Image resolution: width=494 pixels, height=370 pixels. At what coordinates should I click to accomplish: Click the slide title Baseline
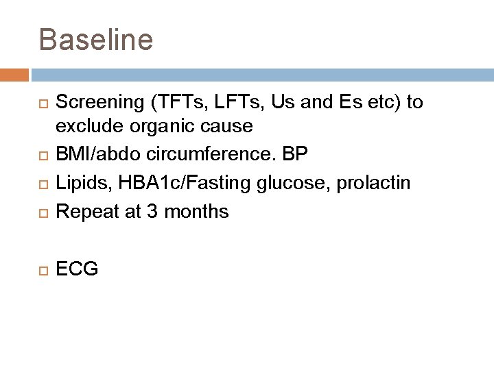(x=96, y=40)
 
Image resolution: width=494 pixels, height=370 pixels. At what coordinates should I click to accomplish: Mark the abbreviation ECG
(x=77, y=269)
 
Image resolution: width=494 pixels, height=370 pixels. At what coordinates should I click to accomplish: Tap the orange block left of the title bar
(x=14, y=74)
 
